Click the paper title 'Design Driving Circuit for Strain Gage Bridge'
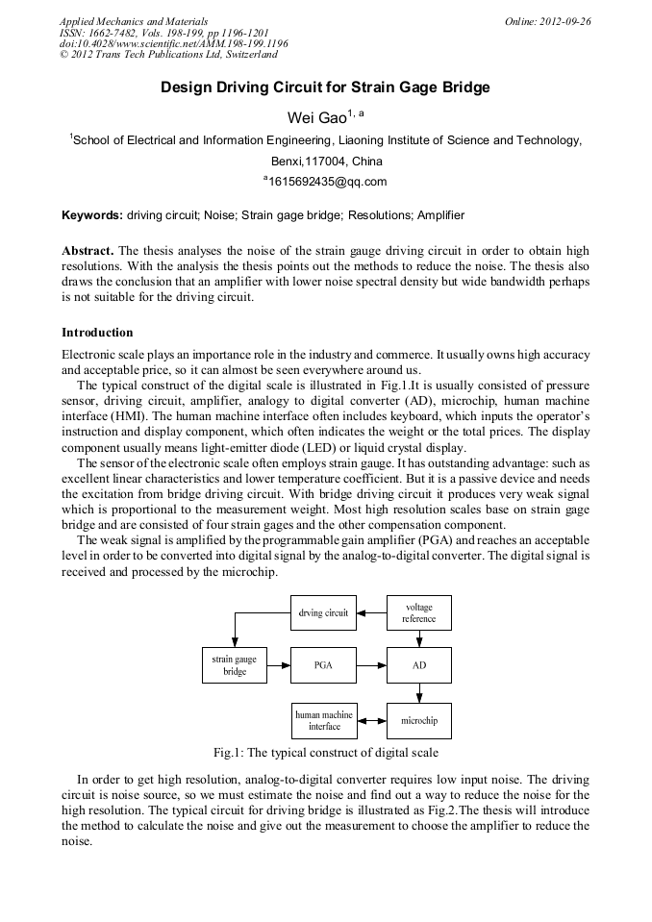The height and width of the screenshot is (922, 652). [325, 87]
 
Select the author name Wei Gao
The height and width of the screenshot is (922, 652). [320, 116]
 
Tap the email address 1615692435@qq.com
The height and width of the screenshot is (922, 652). [326, 181]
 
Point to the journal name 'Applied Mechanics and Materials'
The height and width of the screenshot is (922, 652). [134, 21]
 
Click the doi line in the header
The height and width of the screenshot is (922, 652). [173, 44]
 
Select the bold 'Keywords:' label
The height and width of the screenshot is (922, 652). [92, 215]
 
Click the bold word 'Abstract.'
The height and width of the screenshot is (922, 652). [88, 250]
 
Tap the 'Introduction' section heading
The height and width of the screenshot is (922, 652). [97, 333]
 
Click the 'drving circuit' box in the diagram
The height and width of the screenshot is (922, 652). [323, 612]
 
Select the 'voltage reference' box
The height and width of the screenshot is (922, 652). [418, 612]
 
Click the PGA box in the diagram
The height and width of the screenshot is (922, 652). [323, 665]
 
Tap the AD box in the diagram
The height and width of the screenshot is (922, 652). [418, 665]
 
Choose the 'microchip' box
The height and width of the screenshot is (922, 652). [418, 720]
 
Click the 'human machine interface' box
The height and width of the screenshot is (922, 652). [323, 720]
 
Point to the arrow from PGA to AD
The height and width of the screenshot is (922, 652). [371, 665]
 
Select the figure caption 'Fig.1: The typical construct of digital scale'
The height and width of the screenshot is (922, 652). [325, 752]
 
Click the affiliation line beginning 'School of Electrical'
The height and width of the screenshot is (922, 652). [325, 140]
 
